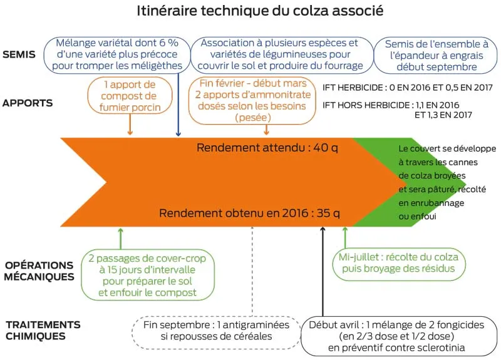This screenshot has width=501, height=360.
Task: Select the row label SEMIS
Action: pos(19,54)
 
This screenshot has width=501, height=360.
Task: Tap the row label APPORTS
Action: pos(28,103)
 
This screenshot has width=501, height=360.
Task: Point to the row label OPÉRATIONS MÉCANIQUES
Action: pos(39,270)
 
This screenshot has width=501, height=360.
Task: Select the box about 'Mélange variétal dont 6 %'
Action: pos(117,54)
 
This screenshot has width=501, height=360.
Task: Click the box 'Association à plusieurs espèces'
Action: pos(279,54)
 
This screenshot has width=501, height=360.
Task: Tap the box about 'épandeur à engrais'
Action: pos(436,55)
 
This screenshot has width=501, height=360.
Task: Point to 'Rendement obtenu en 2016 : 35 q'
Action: pos(249,213)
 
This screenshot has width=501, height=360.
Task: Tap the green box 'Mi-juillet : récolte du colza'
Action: pos(395,264)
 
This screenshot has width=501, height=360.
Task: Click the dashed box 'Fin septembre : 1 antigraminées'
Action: pos(216,330)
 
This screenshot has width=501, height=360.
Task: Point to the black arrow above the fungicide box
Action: pos(323,269)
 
